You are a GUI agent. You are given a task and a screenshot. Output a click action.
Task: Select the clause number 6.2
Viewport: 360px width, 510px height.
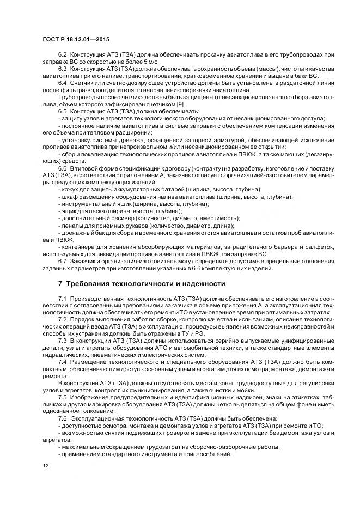click(x=62, y=55)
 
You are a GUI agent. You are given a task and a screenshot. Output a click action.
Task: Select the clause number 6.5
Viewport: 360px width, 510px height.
click(x=62, y=111)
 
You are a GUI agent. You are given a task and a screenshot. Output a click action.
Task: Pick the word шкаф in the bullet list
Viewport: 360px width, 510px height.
click(x=70, y=196)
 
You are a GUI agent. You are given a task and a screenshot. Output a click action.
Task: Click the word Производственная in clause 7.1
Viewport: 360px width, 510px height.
click(x=100, y=299)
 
